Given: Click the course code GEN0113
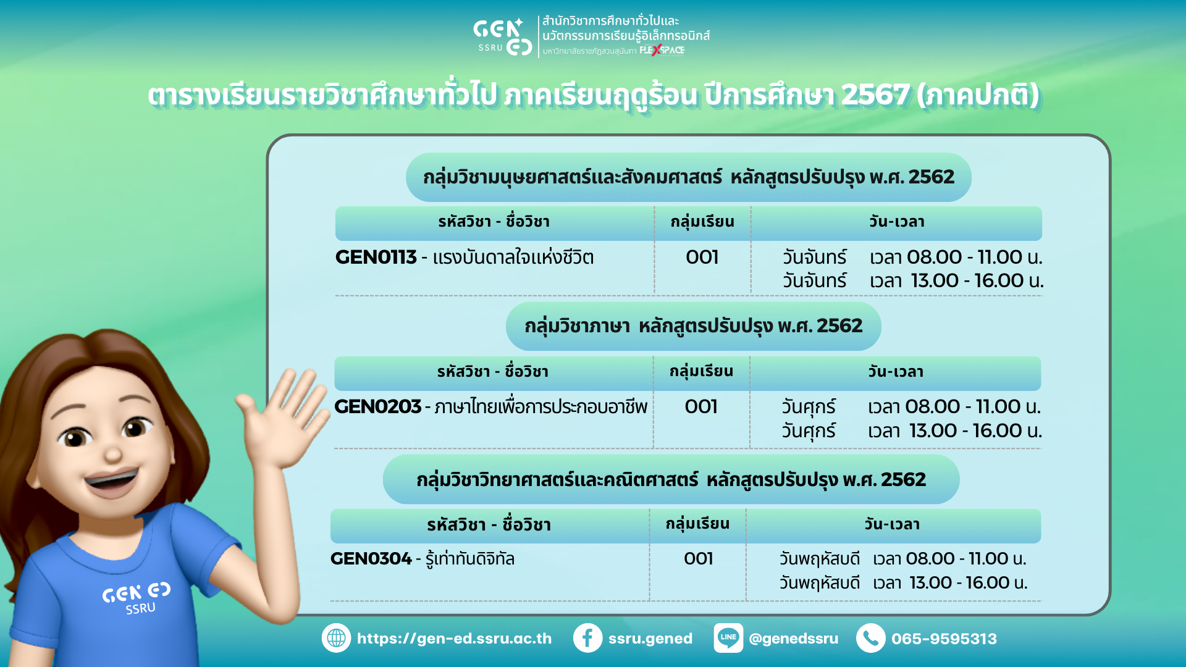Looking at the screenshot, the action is pyautogui.click(x=376, y=257).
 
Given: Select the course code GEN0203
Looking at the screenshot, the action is pyautogui.click(x=377, y=406).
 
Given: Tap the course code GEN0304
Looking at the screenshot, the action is pyautogui.click(x=371, y=558).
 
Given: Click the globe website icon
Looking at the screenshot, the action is pyautogui.click(x=336, y=638).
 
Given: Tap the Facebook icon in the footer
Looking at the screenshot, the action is pyautogui.click(x=587, y=638).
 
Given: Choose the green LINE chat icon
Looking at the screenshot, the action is pyautogui.click(x=728, y=638).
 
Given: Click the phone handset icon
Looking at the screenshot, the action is pyautogui.click(x=870, y=638).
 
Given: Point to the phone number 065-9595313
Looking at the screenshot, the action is pyautogui.click(x=944, y=639).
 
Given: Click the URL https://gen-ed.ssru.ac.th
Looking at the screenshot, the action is pyautogui.click(x=454, y=639).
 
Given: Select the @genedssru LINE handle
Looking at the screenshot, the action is pyautogui.click(x=793, y=639).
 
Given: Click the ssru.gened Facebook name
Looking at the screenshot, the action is pyautogui.click(x=650, y=639).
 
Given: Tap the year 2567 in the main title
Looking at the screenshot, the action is pyautogui.click(x=875, y=95).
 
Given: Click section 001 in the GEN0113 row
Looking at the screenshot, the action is pyautogui.click(x=702, y=257).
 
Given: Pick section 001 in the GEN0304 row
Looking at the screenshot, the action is pyautogui.click(x=699, y=558).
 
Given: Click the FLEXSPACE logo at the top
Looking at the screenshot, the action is pyautogui.click(x=662, y=50).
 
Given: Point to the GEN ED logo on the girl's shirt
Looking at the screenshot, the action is pyautogui.click(x=137, y=598).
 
